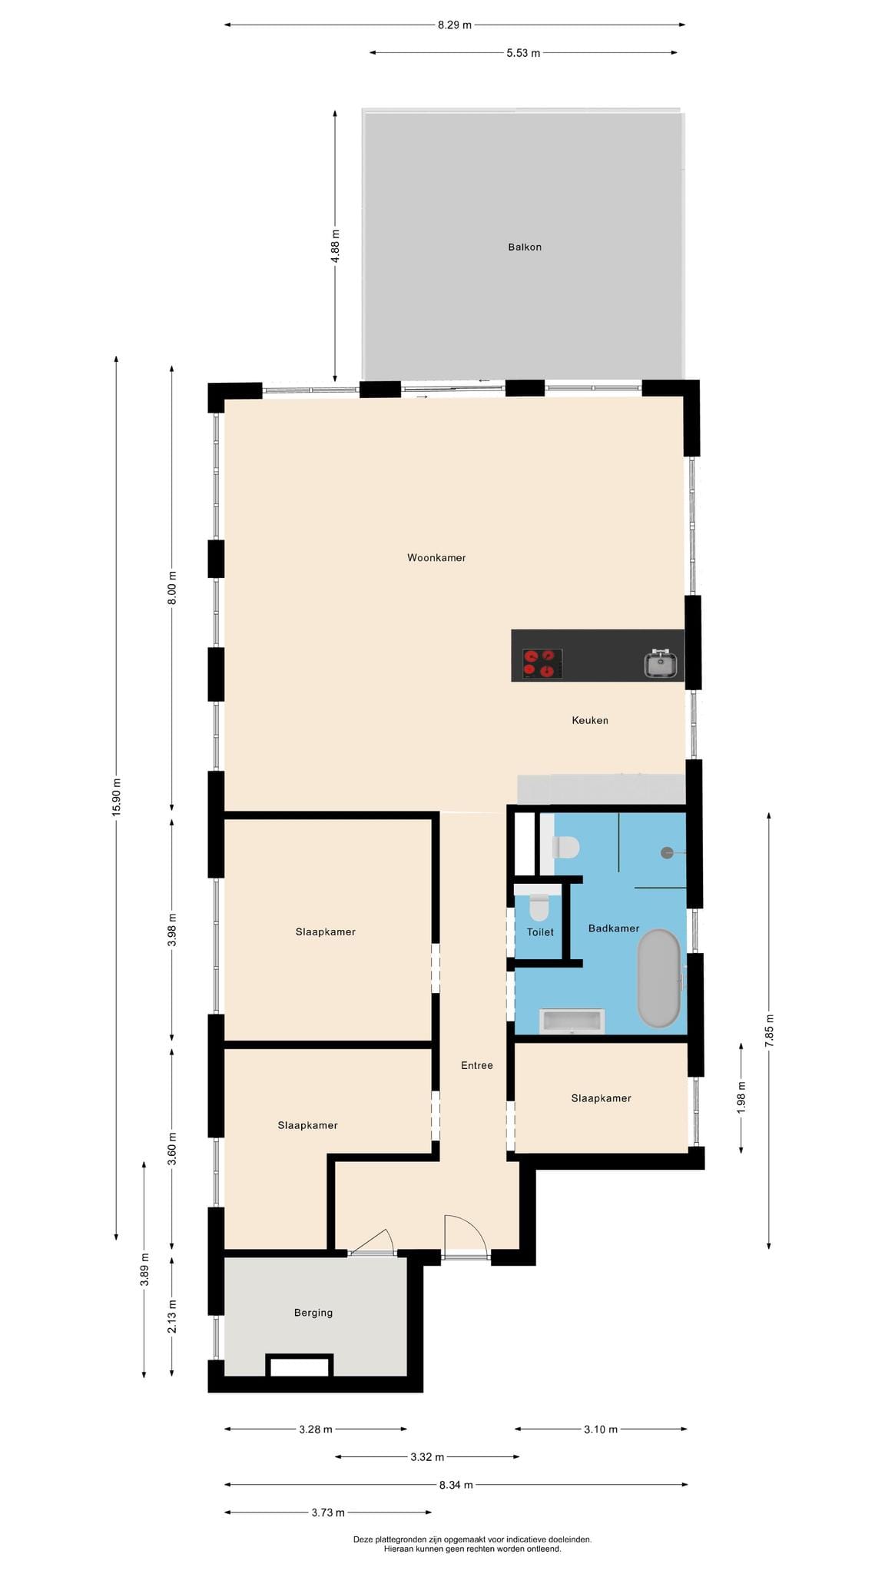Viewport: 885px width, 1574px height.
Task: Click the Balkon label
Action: [x=525, y=247]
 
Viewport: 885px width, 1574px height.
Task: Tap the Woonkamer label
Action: [x=436, y=558]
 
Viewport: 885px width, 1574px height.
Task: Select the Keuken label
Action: [x=590, y=721]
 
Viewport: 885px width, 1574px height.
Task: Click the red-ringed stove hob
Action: [x=542, y=664]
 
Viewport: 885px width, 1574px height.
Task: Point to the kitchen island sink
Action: [x=660, y=664]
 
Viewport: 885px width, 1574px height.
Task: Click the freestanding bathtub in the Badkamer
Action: [x=659, y=979]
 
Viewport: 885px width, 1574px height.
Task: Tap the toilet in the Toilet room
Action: [x=539, y=908]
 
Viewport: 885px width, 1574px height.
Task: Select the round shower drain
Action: [x=667, y=852]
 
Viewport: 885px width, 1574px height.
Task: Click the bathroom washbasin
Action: [x=572, y=1021]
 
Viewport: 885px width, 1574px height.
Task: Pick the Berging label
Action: [x=313, y=1313]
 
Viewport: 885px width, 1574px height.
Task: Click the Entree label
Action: [x=477, y=1065]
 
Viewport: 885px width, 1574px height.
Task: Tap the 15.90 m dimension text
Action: [x=117, y=797]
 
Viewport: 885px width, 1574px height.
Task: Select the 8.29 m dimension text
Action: [x=455, y=25]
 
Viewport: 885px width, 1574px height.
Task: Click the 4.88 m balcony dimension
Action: [x=335, y=247]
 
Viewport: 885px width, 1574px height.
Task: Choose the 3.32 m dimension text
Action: [x=428, y=1456]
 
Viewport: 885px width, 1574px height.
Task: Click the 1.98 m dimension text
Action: [x=741, y=1097]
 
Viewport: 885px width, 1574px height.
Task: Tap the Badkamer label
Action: [x=614, y=928]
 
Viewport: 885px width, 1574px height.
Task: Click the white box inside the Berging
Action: [x=300, y=1367]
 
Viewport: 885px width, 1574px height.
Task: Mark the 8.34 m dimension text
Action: [x=456, y=1485]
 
